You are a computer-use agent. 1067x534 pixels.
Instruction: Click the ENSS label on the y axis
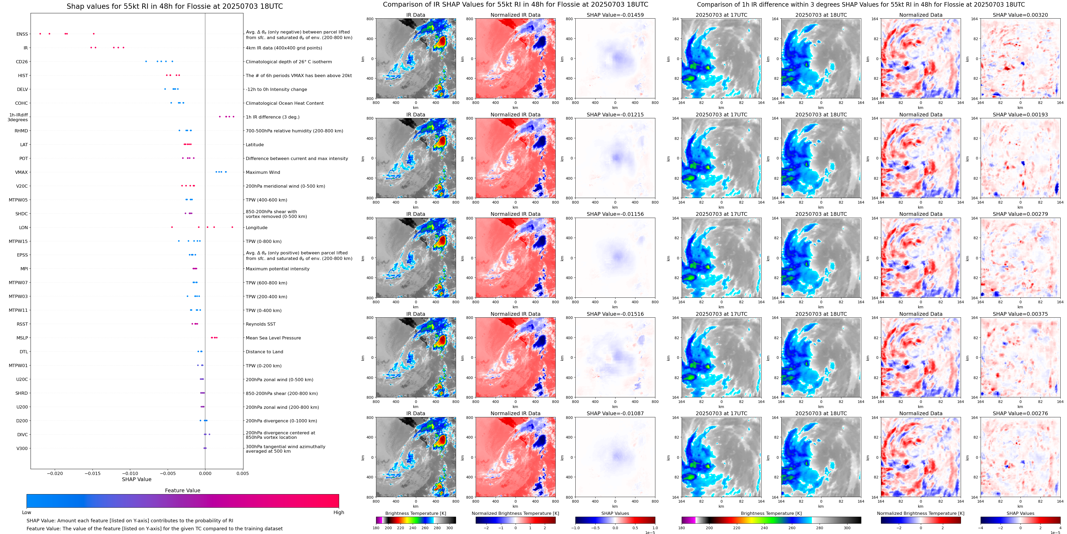(22, 34)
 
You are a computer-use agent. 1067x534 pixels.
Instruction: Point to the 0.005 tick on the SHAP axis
(243, 473)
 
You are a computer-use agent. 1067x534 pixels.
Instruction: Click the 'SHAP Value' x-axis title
(137, 479)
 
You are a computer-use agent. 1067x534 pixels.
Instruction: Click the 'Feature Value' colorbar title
(182, 490)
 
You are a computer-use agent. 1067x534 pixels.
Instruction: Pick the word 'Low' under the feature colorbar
(27, 512)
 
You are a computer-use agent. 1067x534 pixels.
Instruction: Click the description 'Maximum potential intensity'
(277, 269)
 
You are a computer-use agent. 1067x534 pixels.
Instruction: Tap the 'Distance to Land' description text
(264, 352)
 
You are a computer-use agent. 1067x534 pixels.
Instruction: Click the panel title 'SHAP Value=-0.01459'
(615, 15)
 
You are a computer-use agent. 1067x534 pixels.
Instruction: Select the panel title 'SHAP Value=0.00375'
(1020, 314)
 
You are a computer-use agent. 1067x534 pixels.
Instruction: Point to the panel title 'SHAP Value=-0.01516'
(615, 314)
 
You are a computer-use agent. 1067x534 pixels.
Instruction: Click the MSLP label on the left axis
(22, 338)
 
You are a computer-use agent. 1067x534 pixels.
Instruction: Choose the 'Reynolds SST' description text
(260, 324)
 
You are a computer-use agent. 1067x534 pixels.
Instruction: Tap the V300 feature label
(22, 448)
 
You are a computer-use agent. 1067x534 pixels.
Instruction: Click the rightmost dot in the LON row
(232, 227)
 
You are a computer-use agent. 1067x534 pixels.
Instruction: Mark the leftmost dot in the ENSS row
(40, 33)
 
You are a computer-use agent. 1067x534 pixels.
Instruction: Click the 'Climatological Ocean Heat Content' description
(285, 103)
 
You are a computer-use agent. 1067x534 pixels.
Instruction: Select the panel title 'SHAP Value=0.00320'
(1020, 15)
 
